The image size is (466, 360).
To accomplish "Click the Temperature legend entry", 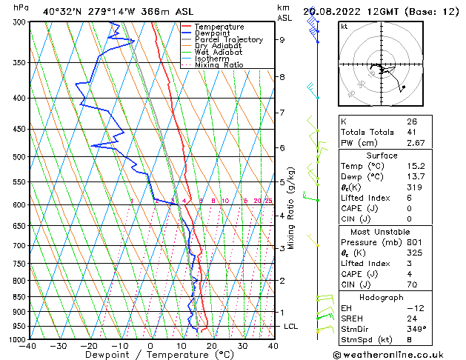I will [x=219, y=27].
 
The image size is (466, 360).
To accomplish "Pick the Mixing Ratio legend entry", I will [x=219, y=65].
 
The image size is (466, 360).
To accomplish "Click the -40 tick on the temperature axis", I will [x=28, y=345].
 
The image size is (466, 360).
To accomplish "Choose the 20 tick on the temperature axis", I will [x=212, y=345].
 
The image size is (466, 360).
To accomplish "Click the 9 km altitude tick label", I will [x=282, y=40].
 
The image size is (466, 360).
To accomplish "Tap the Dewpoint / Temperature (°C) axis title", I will [x=150, y=355].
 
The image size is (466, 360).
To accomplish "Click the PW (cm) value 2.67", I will [x=416, y=142].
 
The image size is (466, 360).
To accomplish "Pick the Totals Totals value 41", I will [x=411, y=132].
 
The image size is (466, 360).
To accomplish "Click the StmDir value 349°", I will [x=415, y=328].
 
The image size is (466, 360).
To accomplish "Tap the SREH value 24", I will [x=411, y=318].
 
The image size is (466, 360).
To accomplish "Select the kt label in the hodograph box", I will [x=344, y=27].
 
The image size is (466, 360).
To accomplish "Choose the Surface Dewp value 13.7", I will [x=416, y=177].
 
